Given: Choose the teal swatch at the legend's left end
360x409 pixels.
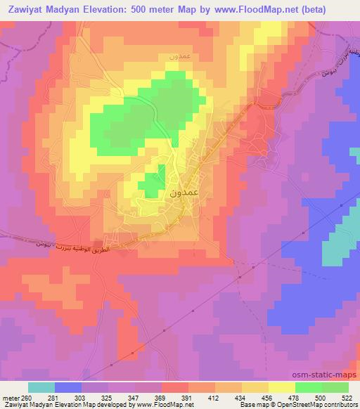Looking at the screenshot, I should tap(41, 387).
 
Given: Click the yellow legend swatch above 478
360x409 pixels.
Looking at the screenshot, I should tap(282, 387).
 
